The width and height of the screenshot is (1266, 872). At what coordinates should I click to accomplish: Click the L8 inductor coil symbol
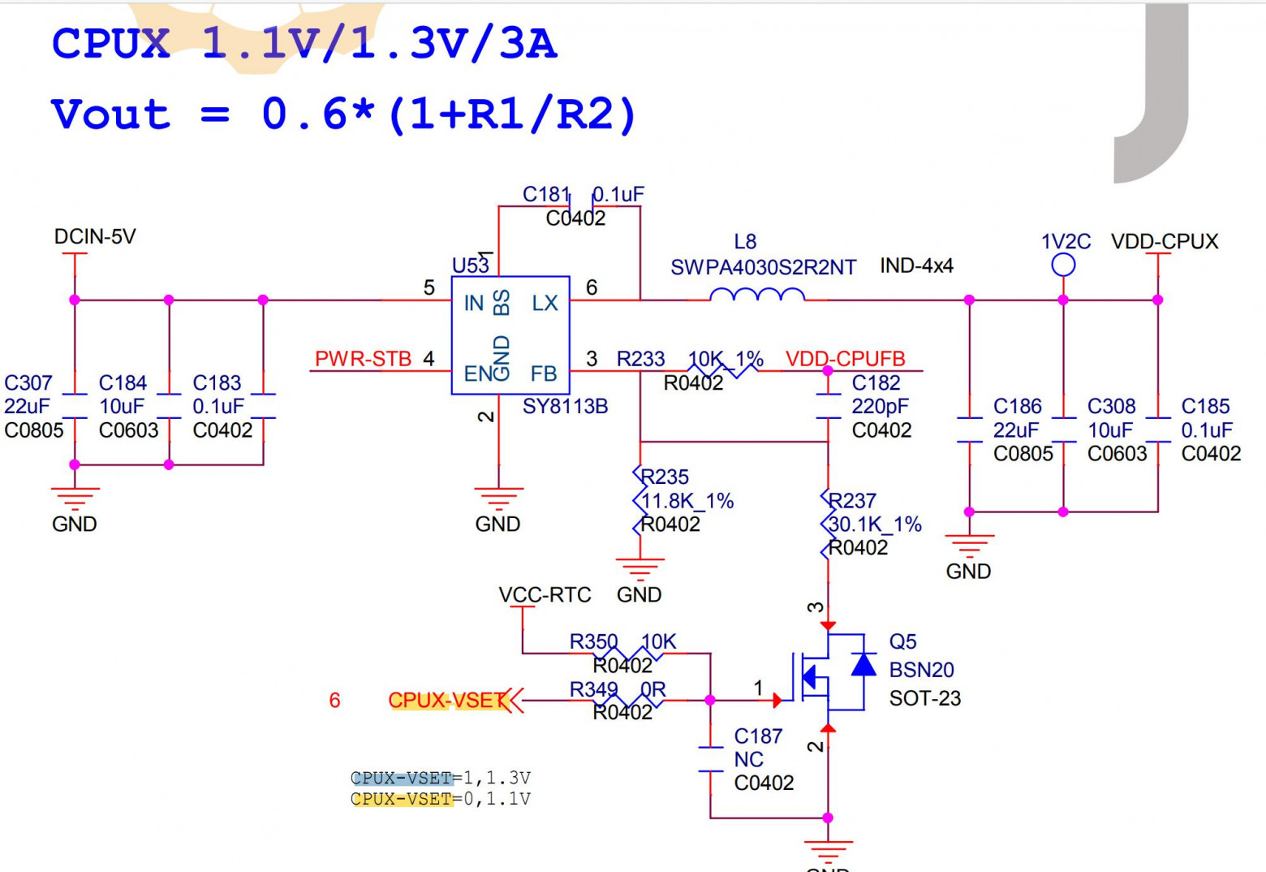coord(757,295)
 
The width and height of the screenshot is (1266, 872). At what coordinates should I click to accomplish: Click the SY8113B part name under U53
coord(565,406)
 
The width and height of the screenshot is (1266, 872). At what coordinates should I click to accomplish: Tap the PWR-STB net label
coord(363,359)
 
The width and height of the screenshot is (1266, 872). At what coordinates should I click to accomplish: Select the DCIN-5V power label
coord(95,237)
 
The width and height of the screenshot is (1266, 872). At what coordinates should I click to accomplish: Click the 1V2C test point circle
coord(1063,265)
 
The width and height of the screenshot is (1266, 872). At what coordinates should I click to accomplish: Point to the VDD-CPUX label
coord(1165,242)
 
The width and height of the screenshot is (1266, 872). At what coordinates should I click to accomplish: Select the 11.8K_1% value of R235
coord(687,501)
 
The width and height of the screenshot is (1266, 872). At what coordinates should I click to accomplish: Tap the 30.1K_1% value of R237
coord(875,524)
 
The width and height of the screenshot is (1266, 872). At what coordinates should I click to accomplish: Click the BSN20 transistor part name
coord(921,670)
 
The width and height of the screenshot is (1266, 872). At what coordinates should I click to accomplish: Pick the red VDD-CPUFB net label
coord(845,359)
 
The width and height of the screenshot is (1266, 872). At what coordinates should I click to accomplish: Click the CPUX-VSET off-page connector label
coord(446,700)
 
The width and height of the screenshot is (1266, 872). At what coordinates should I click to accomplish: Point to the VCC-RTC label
coord(545,595)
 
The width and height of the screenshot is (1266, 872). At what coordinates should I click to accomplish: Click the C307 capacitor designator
coord(28,383)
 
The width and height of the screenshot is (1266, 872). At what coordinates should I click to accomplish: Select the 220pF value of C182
coord(880,406)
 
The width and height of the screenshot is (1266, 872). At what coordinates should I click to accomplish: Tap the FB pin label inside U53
coord(544,373)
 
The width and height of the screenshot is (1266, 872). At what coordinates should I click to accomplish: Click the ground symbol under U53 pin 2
coord(498,496)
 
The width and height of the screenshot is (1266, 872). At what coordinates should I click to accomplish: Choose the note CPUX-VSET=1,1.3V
coord(441,778)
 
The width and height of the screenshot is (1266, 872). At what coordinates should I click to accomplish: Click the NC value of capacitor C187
coord(748,760)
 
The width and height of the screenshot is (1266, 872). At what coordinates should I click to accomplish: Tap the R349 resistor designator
coord(593,689)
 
